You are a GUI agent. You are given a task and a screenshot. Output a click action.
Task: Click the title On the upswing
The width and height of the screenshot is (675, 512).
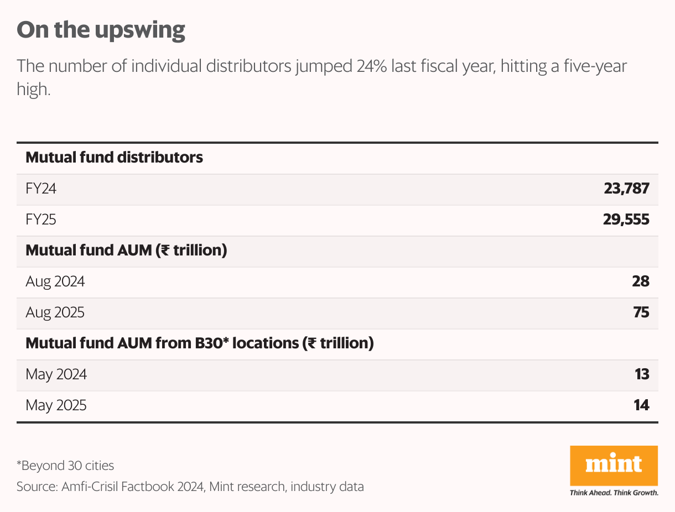[101, 30]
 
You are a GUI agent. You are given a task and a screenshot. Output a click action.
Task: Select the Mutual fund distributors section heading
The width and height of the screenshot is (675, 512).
[115, 158]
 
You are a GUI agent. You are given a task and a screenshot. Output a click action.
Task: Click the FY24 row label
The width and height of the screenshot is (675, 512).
[41, 189]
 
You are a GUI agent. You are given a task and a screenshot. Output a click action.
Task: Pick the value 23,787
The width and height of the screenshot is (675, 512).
[626, 189]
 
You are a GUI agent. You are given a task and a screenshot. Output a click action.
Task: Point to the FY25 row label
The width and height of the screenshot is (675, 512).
[41, 220]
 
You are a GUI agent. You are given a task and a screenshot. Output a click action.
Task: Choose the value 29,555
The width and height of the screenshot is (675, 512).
[626, 220]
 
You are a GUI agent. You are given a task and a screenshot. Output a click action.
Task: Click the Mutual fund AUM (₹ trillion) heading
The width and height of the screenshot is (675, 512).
[127, 250]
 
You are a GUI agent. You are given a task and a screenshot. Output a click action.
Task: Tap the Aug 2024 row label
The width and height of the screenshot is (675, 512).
[55, 281]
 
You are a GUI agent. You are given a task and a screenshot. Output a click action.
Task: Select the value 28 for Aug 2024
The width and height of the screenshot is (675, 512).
[640, 281]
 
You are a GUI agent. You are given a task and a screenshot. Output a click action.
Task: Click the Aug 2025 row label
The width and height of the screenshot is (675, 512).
[55, 312]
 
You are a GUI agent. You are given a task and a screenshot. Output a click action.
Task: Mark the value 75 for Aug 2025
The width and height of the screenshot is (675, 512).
[641, 312]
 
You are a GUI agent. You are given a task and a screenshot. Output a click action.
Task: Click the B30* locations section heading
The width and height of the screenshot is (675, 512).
[200, 343]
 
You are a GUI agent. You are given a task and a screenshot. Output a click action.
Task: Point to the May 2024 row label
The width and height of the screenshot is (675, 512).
[56, 374]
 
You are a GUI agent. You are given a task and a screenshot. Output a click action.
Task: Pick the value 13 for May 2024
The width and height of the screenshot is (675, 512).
[641, 374]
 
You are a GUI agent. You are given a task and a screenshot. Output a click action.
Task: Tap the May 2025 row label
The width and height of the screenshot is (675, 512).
[56, 405]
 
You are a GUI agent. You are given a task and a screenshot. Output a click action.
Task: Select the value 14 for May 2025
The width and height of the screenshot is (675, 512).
[641, 405]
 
